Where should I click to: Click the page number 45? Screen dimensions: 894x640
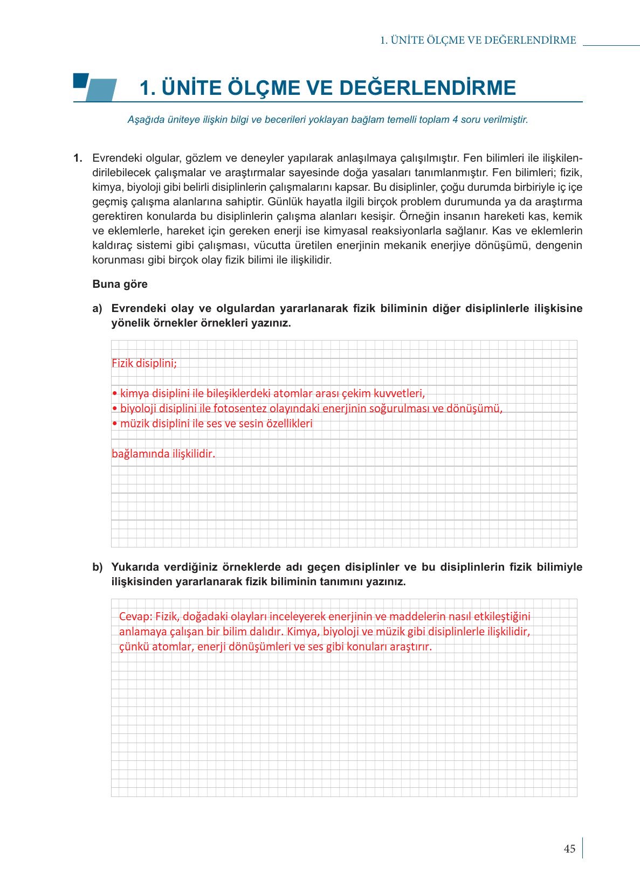(x=569, y=849)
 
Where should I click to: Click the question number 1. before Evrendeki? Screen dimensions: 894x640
(x=78, y=158)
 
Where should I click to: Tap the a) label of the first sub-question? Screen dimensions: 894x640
(x=97, y=309)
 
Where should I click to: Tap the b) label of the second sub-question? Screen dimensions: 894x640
(x=97, y=567)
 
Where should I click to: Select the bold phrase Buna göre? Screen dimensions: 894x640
(x=120, y=285)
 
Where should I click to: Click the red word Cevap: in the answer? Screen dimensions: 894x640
(x=136, y=616)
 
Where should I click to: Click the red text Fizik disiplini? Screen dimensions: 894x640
(x=144, y=363)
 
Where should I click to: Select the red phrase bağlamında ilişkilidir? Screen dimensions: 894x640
(x=163, y=454)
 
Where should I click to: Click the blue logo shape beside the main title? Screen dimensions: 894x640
(x=95, y=87)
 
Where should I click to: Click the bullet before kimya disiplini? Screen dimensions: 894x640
(x=114, y=393)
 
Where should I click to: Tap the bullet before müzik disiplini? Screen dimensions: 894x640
(x=114, y=424)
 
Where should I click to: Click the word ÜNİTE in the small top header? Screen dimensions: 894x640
(x=407, y=40)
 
